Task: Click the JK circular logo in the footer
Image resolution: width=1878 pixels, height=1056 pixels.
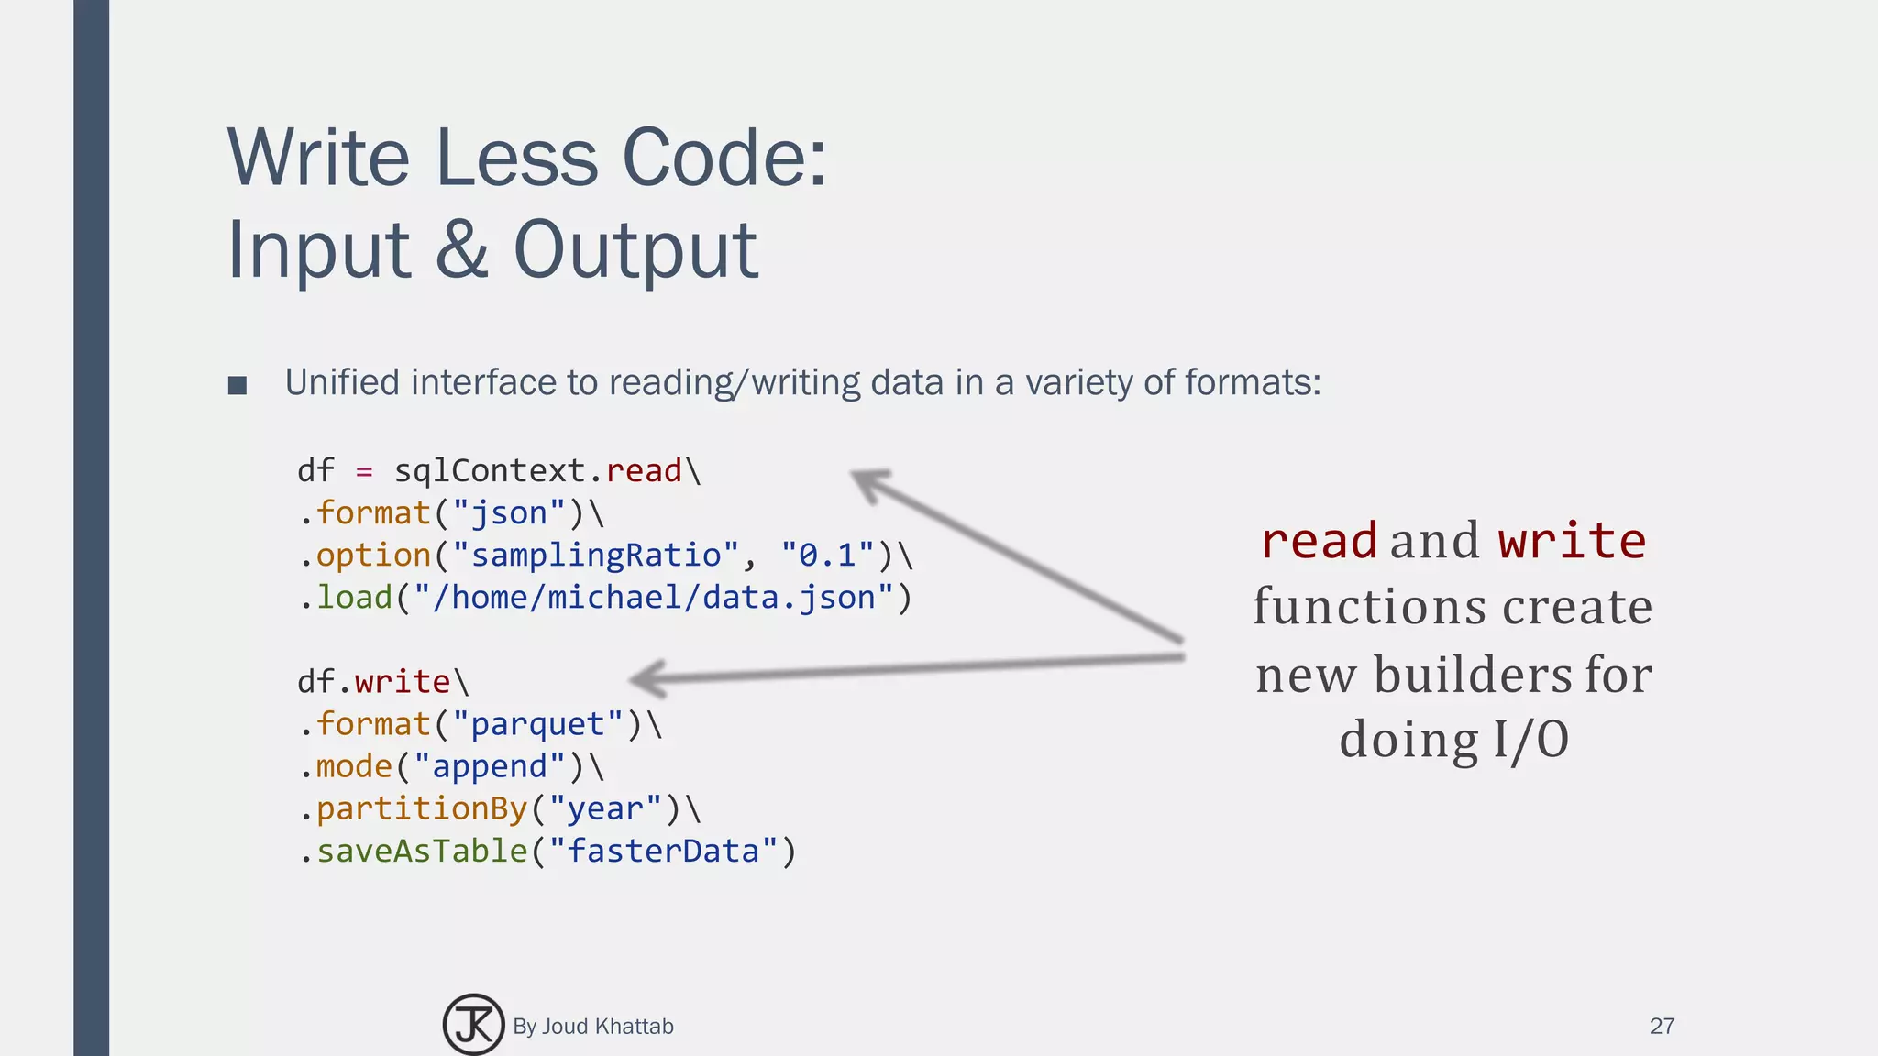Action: point(473,1025)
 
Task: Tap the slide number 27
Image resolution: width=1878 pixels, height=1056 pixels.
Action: point(1662,1026)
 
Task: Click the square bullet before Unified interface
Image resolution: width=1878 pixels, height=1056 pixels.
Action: point(238,385)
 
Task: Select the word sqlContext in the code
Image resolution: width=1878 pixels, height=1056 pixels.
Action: point(490,471)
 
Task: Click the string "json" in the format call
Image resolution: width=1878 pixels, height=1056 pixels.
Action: point(509,513)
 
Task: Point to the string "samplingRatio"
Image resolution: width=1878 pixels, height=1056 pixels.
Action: point(595,555)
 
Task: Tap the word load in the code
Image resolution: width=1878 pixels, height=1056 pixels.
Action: point(354,598)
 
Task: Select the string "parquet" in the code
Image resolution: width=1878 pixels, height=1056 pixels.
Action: point(537,724)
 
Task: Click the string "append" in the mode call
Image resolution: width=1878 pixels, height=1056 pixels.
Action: point(490,766)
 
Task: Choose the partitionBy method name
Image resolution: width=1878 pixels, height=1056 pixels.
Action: point(422,808)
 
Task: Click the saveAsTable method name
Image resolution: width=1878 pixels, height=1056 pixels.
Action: point(422,851)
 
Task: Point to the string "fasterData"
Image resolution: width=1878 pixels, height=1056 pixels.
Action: point(663,851)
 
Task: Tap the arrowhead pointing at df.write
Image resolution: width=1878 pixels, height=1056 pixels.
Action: point(647,679)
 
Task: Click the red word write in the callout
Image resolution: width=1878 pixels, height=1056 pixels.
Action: point(1572,540)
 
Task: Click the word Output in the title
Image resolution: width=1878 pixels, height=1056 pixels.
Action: point(635,249)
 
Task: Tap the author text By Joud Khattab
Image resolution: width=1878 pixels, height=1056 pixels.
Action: point(593,1026)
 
